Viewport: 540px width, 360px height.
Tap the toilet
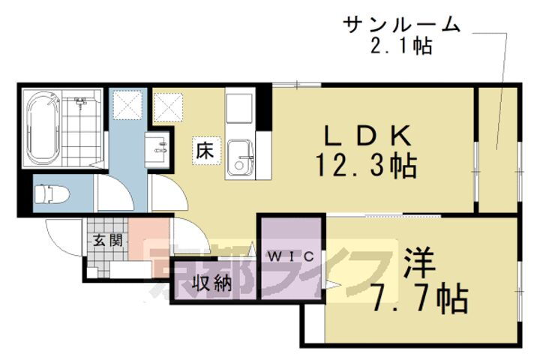pyautogui.click(x=52, y=195)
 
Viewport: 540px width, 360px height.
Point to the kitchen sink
pyautogui.click(x=241, y=157)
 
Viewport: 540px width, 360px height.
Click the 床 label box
pyautogui.click(x=205, y=149)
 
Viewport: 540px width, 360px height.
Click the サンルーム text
pyautogui.click(x=402, y=25)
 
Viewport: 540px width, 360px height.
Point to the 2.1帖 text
pyautogui.click(x=402, y=46)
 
